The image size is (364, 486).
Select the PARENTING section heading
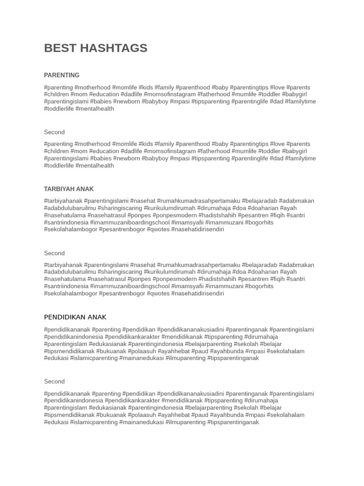[x=62, y=75]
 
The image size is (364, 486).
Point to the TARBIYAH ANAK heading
[x=69, y=189]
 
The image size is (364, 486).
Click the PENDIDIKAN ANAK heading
[x=75, y=317]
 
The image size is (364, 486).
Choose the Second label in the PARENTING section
[x=55, y=132]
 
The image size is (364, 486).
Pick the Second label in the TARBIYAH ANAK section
[x=55, y=253]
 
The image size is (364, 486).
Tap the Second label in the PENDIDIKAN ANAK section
[x=55, y=381]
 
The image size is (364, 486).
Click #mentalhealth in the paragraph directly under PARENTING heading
[x=95, y=109]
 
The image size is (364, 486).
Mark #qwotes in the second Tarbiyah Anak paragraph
[x=157, y=293]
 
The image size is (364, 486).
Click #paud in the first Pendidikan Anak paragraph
[x=200, y=351]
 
